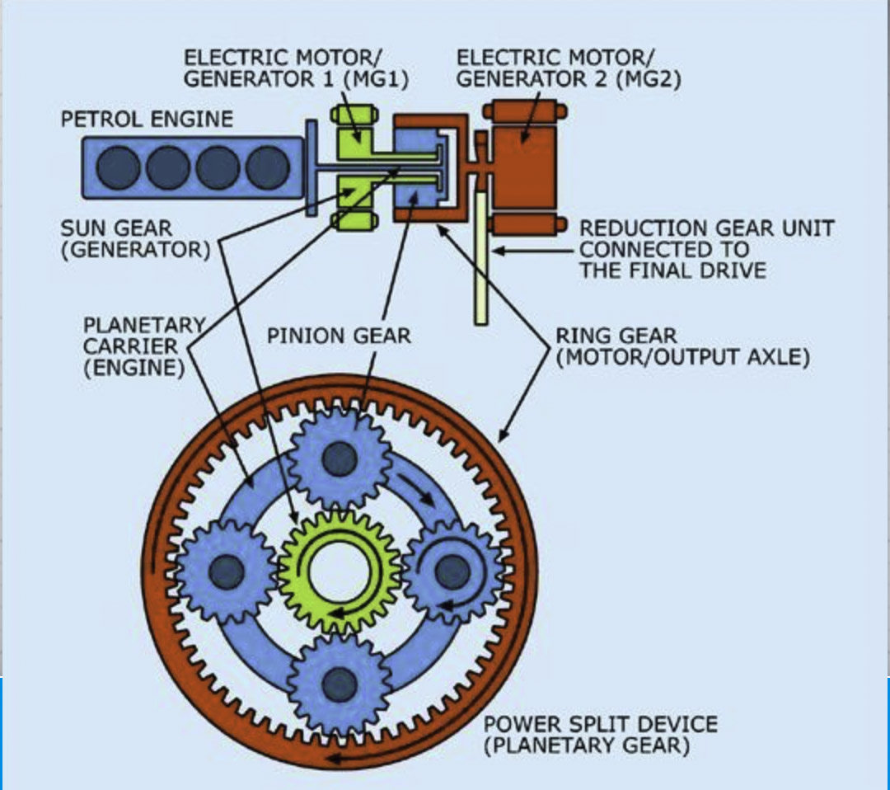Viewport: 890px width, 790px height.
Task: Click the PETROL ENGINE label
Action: [x=147, y=119]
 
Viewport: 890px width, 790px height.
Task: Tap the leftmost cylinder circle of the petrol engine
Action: [x=117, y=167]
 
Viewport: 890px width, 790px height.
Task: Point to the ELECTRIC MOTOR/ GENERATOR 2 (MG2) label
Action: [x=569, y=68]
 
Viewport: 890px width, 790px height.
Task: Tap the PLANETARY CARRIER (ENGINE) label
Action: [x=144, y=346]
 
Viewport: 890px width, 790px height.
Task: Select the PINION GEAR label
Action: [x=338, y=336]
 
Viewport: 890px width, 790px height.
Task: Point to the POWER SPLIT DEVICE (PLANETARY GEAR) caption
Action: [x=599, y=736]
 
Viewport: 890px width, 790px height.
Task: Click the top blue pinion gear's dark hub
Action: [x=339, y=458]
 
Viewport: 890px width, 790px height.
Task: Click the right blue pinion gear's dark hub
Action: [x=451, y=569]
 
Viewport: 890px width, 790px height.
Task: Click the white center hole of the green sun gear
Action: [x=339, y=571]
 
